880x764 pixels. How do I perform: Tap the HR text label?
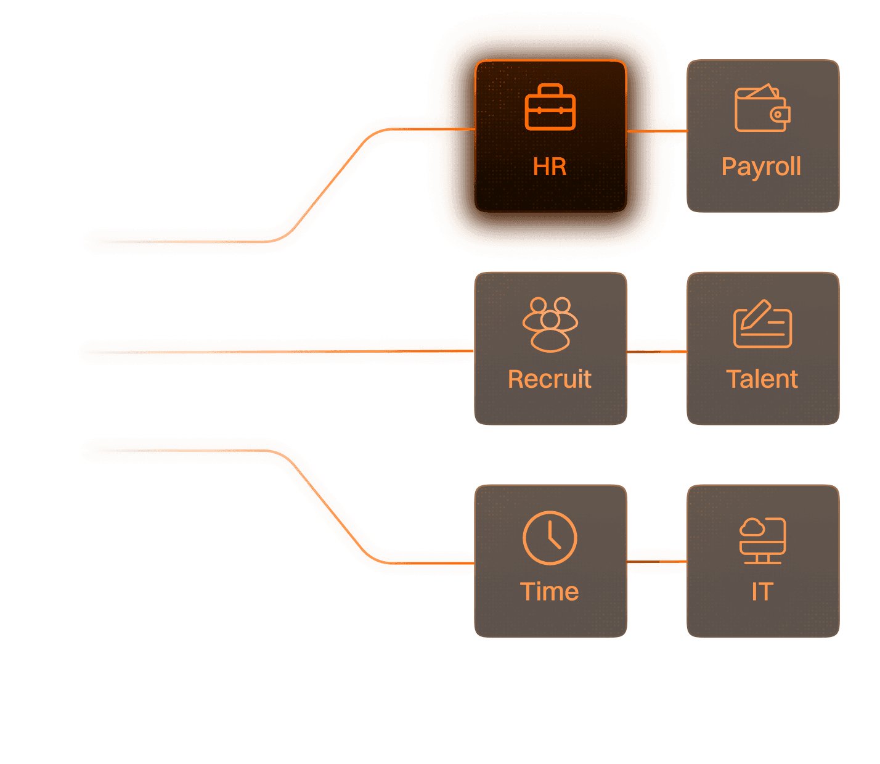pos(550,166)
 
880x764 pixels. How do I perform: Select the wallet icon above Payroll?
pos(762,109)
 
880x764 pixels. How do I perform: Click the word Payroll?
pos(762,167)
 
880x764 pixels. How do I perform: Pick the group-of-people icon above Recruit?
pos(550,324)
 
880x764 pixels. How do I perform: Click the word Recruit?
pos(550,379)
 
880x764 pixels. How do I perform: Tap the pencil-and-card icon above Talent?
pos(762,324)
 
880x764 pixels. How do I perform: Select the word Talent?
pos(762,379)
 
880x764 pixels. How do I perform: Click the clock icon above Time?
pos(550,538)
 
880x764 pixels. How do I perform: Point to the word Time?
pos(550,592)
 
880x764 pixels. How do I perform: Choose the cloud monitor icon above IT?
pos(762,540)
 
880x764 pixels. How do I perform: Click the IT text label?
pos(762,592)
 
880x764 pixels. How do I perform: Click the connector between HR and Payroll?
pos(657,131)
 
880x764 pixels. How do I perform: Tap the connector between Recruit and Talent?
pos(657,351)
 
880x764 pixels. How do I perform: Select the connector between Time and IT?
pos(657,561)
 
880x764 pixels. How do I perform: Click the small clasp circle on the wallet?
pos(778,114)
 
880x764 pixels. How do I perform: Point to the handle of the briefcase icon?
pos(550,89)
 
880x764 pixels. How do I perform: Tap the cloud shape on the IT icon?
pos(752,528)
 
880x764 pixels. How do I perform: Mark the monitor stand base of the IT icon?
pos(762,562)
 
